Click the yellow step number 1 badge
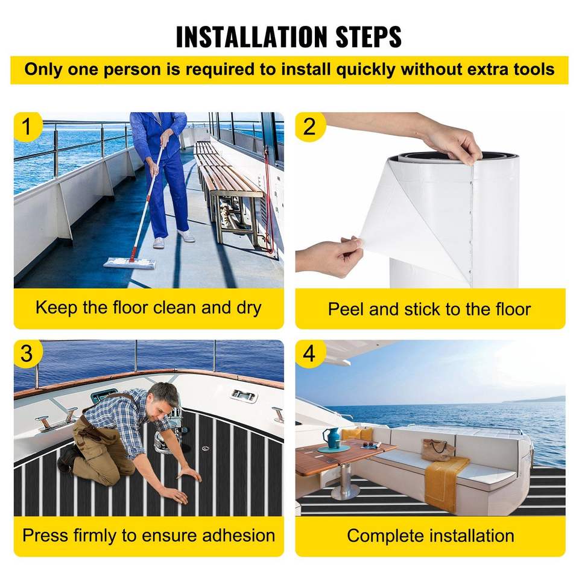(27, 126)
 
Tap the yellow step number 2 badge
(309, 126)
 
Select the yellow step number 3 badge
(27, 353)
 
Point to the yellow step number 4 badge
(309, 353)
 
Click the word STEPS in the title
(368, 37)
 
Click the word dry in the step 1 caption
(249, 308)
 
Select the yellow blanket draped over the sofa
(445, 484)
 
